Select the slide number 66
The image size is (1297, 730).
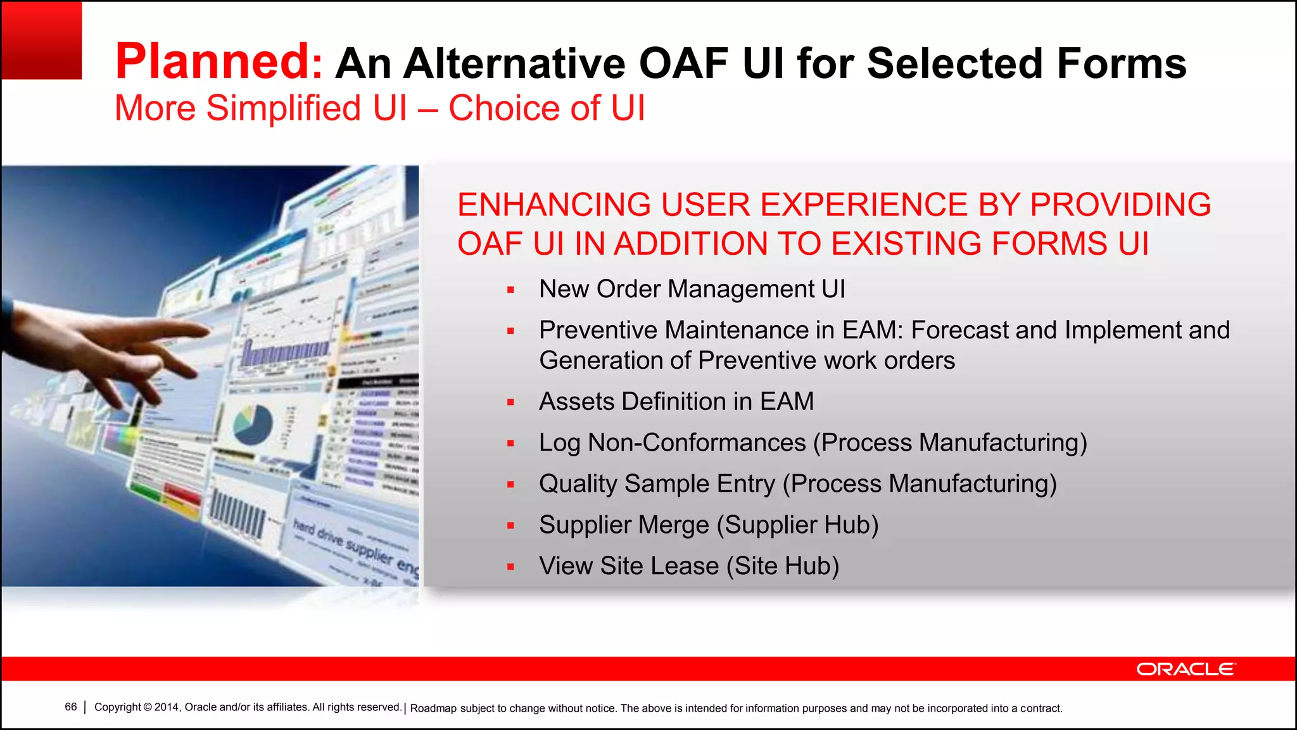(70, 707)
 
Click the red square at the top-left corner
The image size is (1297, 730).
(41, 40)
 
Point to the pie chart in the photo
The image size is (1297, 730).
(253, 424)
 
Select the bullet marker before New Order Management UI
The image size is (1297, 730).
(510, 290)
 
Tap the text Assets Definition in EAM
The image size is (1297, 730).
(676, 401)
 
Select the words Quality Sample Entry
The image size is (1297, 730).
(657, 483)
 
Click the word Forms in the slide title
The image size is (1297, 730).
(1121, 63)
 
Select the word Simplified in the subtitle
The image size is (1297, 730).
(284, 108)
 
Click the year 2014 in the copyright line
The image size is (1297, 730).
(167, 707)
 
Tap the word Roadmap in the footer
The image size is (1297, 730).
(433, 708)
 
